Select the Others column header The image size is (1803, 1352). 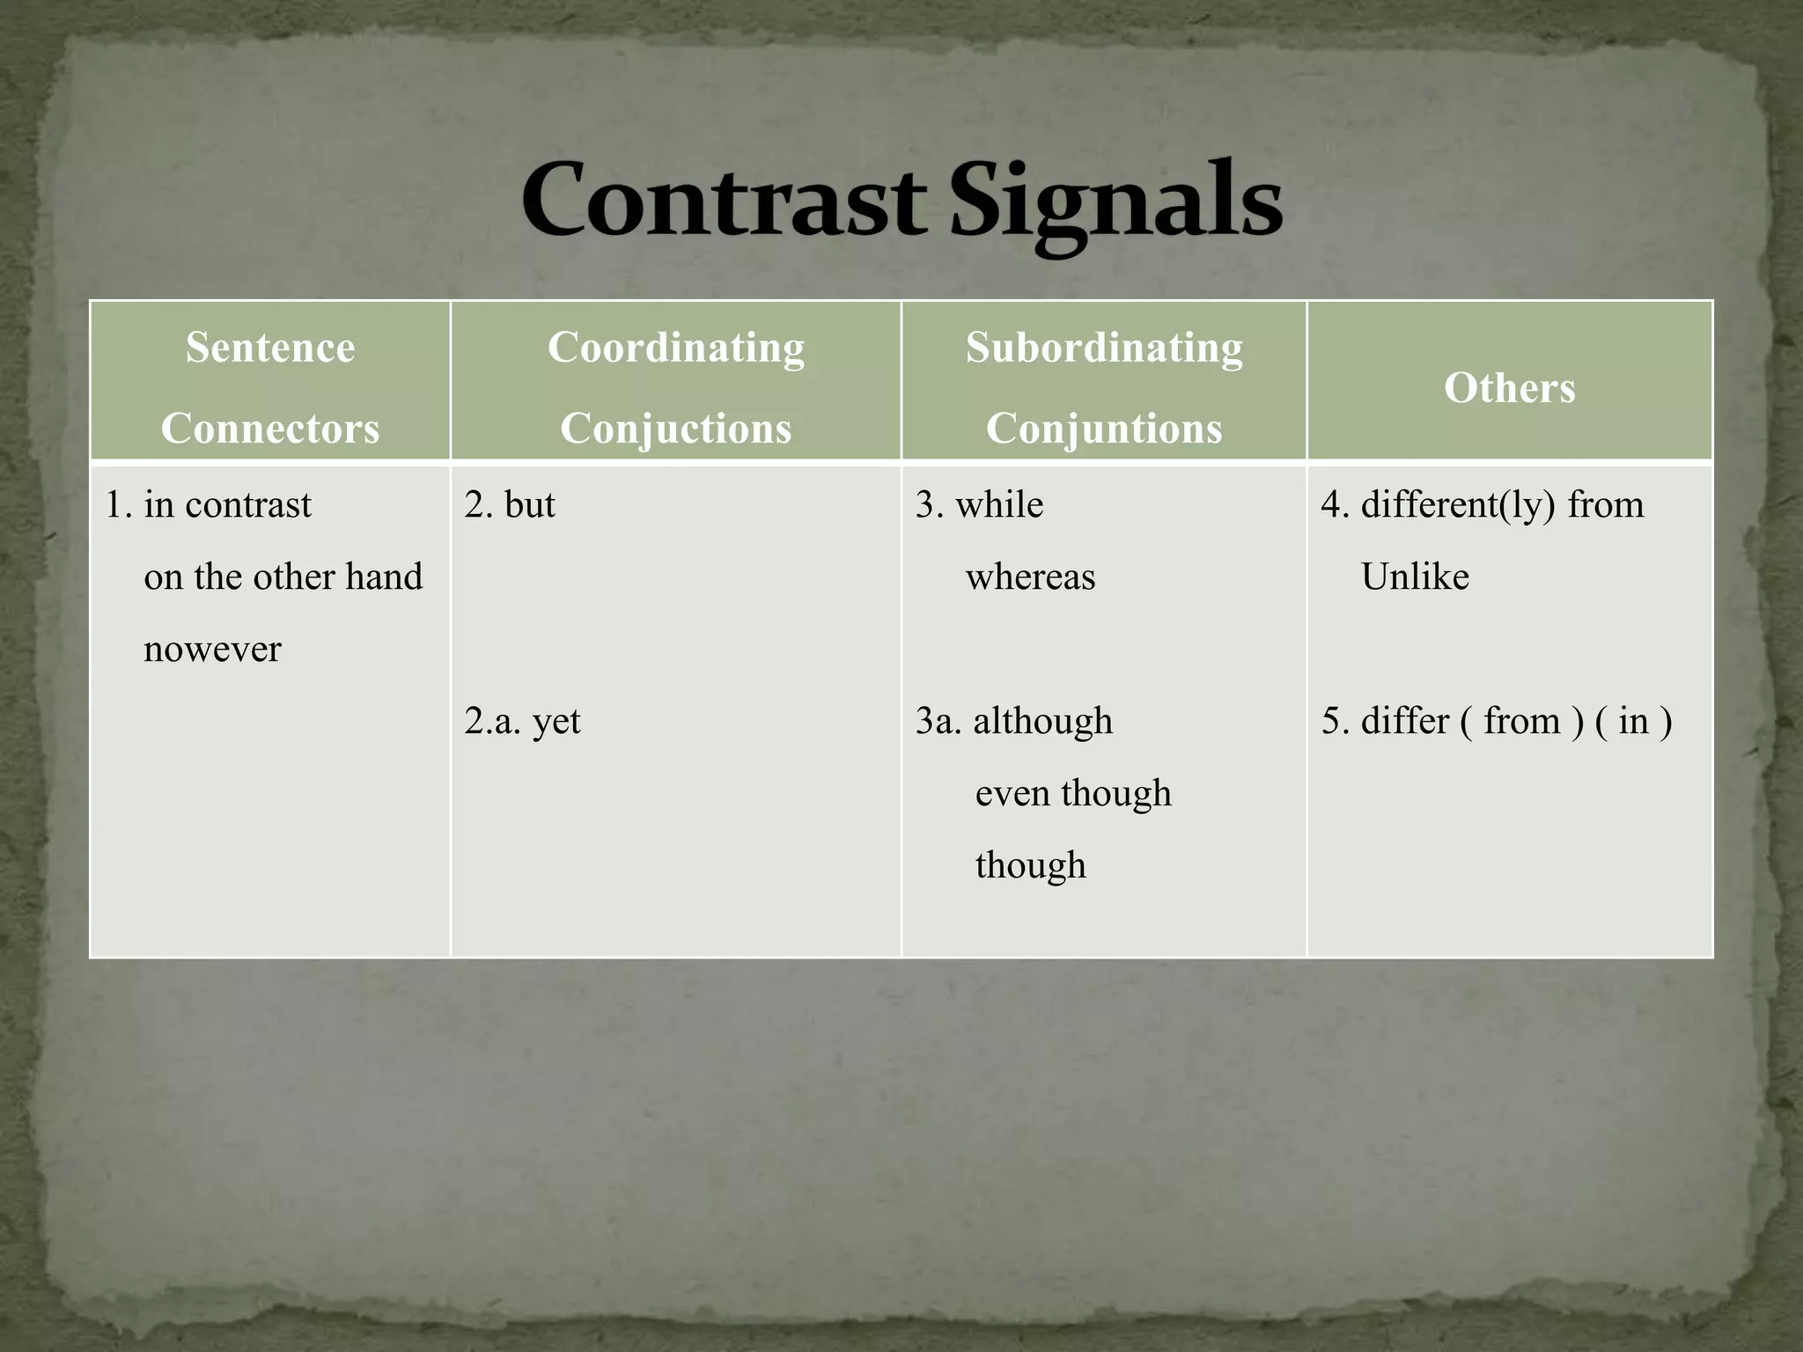pos(1509,387)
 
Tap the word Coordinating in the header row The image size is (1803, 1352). pos(675,347)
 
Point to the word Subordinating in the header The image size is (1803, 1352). pos(1104,347)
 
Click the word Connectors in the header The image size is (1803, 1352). pos(270,429)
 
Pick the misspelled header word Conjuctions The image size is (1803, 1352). pos(675,429)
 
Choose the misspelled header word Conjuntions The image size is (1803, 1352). pos(1104,429)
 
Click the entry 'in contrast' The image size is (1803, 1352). pos(227,505)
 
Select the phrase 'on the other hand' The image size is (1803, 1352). pos(283,577)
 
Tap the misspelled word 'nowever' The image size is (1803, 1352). pos(212,650)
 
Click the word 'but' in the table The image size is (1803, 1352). pos(529,505)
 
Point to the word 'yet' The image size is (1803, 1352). pos(556,722)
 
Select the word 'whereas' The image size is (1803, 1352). pos(1030,577)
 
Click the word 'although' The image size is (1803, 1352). pos(1042,722)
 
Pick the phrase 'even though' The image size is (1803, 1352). pos(1073,794)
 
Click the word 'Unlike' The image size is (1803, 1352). pos(1415,577)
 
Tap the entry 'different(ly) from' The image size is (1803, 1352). pos(1502,505)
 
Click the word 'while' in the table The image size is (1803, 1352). pos(999,505)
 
